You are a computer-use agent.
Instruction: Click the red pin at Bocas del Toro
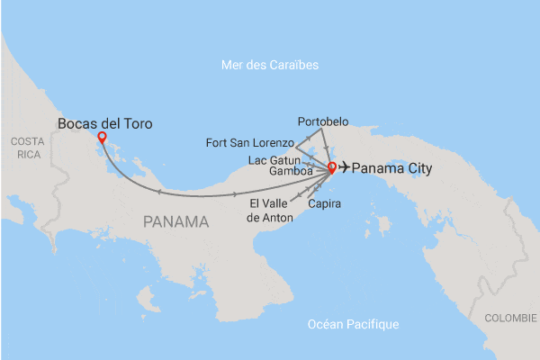tap(102, 138)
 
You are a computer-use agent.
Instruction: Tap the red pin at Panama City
tap(331, 166)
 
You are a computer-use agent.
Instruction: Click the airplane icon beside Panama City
tap(345, 168)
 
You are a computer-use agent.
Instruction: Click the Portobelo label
tap(322, 121)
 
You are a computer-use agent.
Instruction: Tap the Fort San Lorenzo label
tap(249, 142)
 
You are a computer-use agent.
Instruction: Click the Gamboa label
tap(291, 170)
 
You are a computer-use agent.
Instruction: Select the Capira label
tap(324, 204)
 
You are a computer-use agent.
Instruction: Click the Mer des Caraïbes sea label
tap(270, 65)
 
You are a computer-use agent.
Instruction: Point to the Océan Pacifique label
tap(352, 324)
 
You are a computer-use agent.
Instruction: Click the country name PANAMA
tap(176, 221)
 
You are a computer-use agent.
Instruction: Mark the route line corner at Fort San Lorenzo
tap(296, 144)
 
